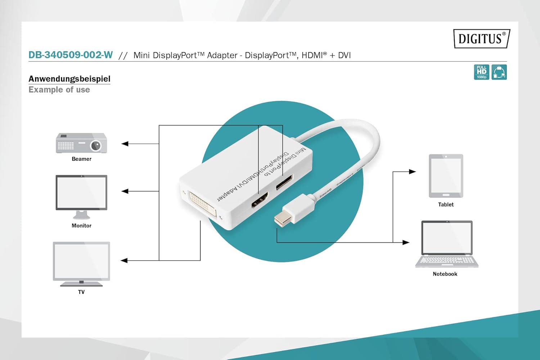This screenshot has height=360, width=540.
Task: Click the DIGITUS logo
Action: click(482, 39)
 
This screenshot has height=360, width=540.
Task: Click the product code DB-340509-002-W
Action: click(71, 55)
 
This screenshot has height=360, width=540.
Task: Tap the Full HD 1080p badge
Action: click(481, 72)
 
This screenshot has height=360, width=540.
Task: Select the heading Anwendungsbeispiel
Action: click(69, 79)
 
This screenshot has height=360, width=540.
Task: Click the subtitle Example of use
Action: click(59, 90)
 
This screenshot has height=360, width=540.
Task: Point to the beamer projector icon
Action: click(81, 143)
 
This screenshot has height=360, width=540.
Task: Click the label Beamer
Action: click(81, 159)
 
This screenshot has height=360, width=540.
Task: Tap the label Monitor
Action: click(81, 226)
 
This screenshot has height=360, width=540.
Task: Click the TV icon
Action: click(81, 263)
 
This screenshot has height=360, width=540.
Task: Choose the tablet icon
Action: click(446, 176)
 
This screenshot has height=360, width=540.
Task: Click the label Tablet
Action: click(446, 204)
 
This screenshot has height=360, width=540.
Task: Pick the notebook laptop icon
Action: click(447, 244)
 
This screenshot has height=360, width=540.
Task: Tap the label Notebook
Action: click(445, 274)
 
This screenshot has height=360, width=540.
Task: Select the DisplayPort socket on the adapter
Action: click(284, 182)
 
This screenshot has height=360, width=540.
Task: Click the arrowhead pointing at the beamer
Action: click(125, 144)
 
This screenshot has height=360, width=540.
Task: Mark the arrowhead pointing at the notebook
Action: click(406, 242)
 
